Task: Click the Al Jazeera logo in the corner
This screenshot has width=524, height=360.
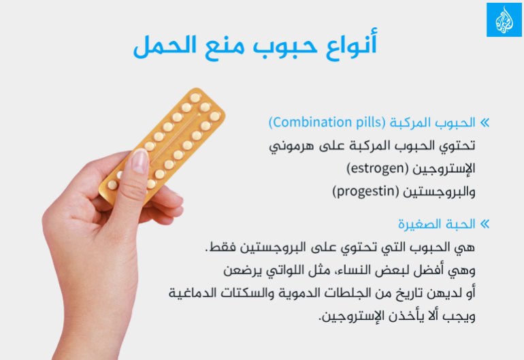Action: click(504, 20)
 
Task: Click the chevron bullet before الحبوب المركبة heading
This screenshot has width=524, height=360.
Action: click(485, 123)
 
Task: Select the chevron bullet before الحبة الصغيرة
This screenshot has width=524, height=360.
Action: click(485, 224)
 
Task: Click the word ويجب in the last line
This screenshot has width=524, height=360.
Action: click(461, 316)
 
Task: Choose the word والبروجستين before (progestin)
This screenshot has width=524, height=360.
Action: click(437, 191)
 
